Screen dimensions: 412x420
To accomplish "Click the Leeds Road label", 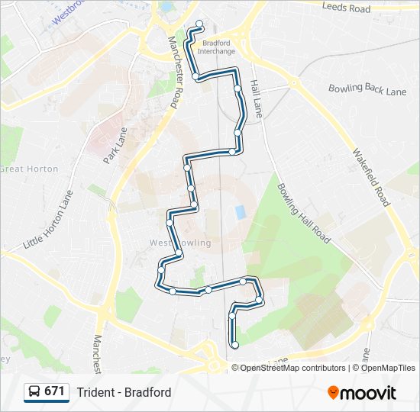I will [x=346, y=8].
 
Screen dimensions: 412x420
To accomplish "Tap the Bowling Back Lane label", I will [x=367, y=90].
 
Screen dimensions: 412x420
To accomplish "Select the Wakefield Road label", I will [x=370, y=176].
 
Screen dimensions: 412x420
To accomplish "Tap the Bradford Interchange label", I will [x=216, y=47].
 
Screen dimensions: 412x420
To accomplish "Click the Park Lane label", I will [x=115, y=145].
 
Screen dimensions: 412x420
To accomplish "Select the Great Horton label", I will [x=29, y=169].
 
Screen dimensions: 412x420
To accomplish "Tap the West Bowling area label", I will [x=170, y=243].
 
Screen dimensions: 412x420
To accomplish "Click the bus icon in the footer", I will [x=34, y=392].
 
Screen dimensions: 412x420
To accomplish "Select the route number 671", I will [x=54, y=391].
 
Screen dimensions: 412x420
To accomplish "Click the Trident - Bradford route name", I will [x=124, y=392].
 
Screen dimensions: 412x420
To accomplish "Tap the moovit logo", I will [x=362, y=392].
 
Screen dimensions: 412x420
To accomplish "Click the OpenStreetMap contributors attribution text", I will [x=293, y=368].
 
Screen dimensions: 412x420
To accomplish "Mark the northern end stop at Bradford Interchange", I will [x=200, y=24].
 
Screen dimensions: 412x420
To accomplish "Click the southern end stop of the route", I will [x=235, y=345].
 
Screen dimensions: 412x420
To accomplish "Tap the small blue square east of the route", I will [x=241, y=211].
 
